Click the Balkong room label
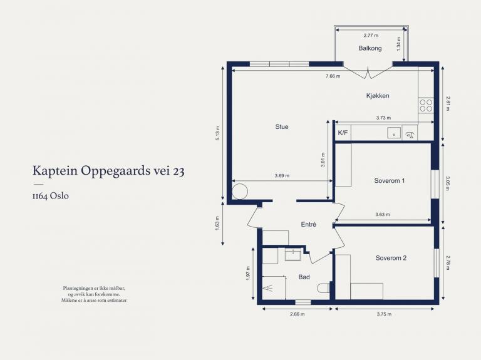pos(370,48)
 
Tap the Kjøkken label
pos(378,96)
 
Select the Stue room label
pos(282,126)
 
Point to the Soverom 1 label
pos(390,180)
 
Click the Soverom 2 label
pos(391,258)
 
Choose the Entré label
pos(308,225)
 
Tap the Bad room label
pos(304,277)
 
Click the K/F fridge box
pos(343,133)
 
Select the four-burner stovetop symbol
pos(426,106)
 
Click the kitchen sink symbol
pos(394,133)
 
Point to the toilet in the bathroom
pos(323,288)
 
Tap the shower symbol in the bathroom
pos(274,288)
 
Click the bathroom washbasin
pos(294,255)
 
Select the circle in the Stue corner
pos(240,192)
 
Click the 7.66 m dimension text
pos(333,76)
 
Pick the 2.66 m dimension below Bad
pos(297,314)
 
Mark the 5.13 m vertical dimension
pos(217,133)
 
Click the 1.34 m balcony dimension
pos(398,44)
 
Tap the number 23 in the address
pos(178,171)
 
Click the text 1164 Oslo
pos(50,196)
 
